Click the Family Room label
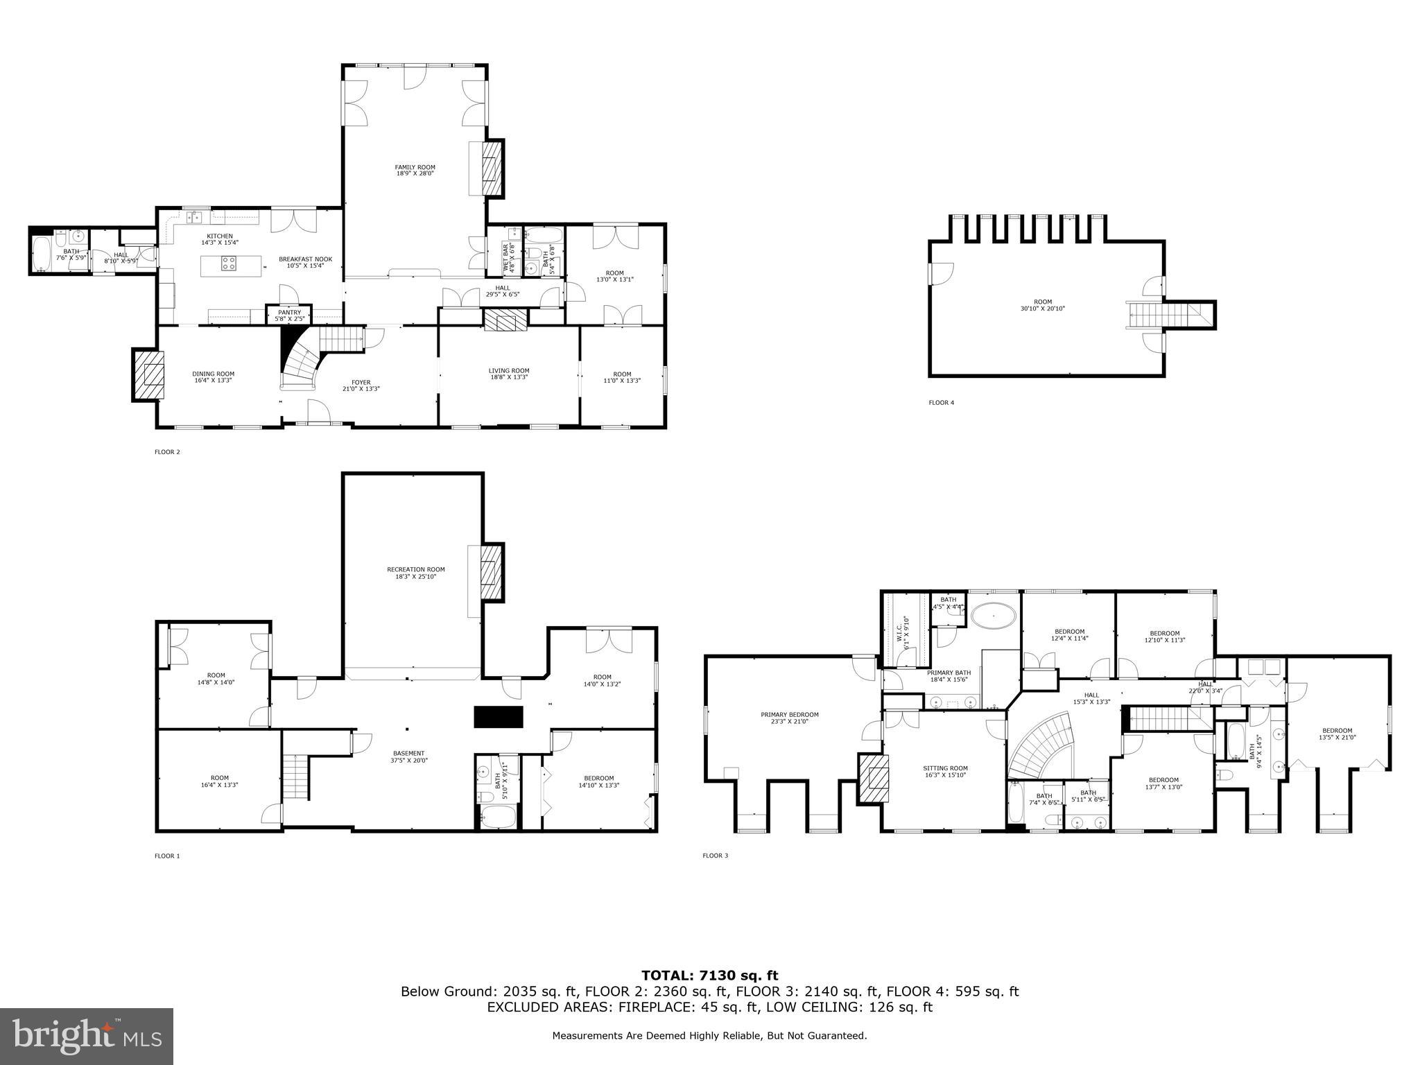point(415,167)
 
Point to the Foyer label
point(361,382)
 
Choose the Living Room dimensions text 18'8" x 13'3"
point(509,378)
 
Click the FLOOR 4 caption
point(941,402)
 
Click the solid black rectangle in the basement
point(499,717)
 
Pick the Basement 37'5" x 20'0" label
point(408,756)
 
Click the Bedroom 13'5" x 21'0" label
point(1336,734)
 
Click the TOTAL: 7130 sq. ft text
point(709,976)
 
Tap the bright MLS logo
point(87,1036)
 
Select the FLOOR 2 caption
point(167,452)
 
